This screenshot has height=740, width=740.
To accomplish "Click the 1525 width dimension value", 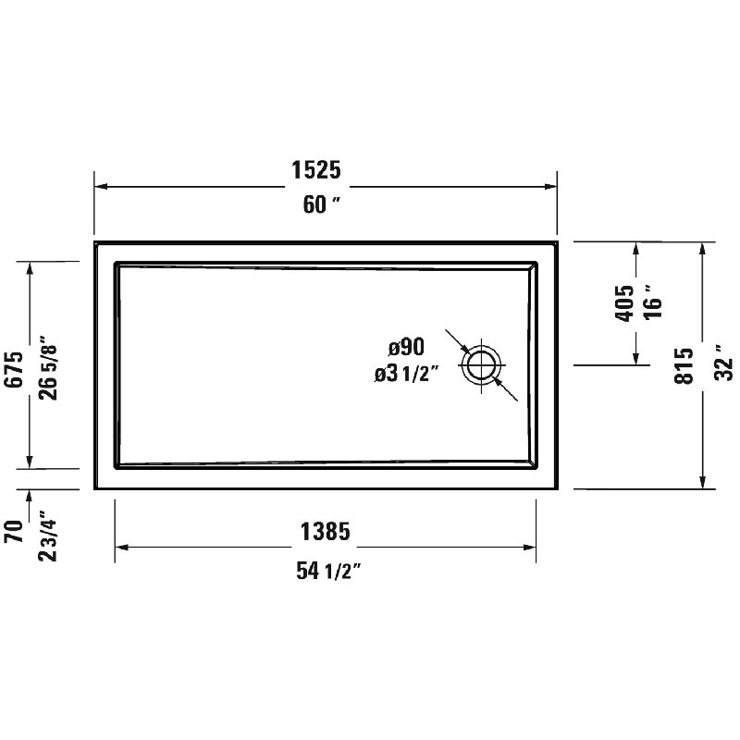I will coord(316,170).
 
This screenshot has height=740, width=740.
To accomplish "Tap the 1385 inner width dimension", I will coord(324,532).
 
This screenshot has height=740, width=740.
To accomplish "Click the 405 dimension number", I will coord(624,302).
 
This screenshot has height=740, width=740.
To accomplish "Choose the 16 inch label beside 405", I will coord(654,302).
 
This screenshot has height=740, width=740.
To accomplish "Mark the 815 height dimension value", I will coord(684,364).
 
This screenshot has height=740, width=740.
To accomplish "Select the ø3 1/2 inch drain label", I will coord(406,374).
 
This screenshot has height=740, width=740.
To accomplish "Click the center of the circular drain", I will coord(481,364).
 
